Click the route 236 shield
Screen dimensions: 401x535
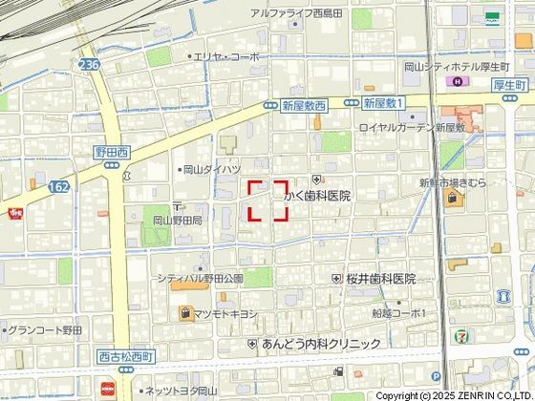(90, 65)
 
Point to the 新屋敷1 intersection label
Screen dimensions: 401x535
(385, 101)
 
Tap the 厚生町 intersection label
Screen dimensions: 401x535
(511, 83)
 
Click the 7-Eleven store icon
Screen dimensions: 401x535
(461, 338)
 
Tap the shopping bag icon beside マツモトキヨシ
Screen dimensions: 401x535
(183, 311)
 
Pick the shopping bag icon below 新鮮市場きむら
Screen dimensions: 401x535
(452, 199)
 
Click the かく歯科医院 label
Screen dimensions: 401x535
(318, 196)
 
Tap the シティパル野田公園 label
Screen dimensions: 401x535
(201, 279)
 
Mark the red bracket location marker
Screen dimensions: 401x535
(268, 200)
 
